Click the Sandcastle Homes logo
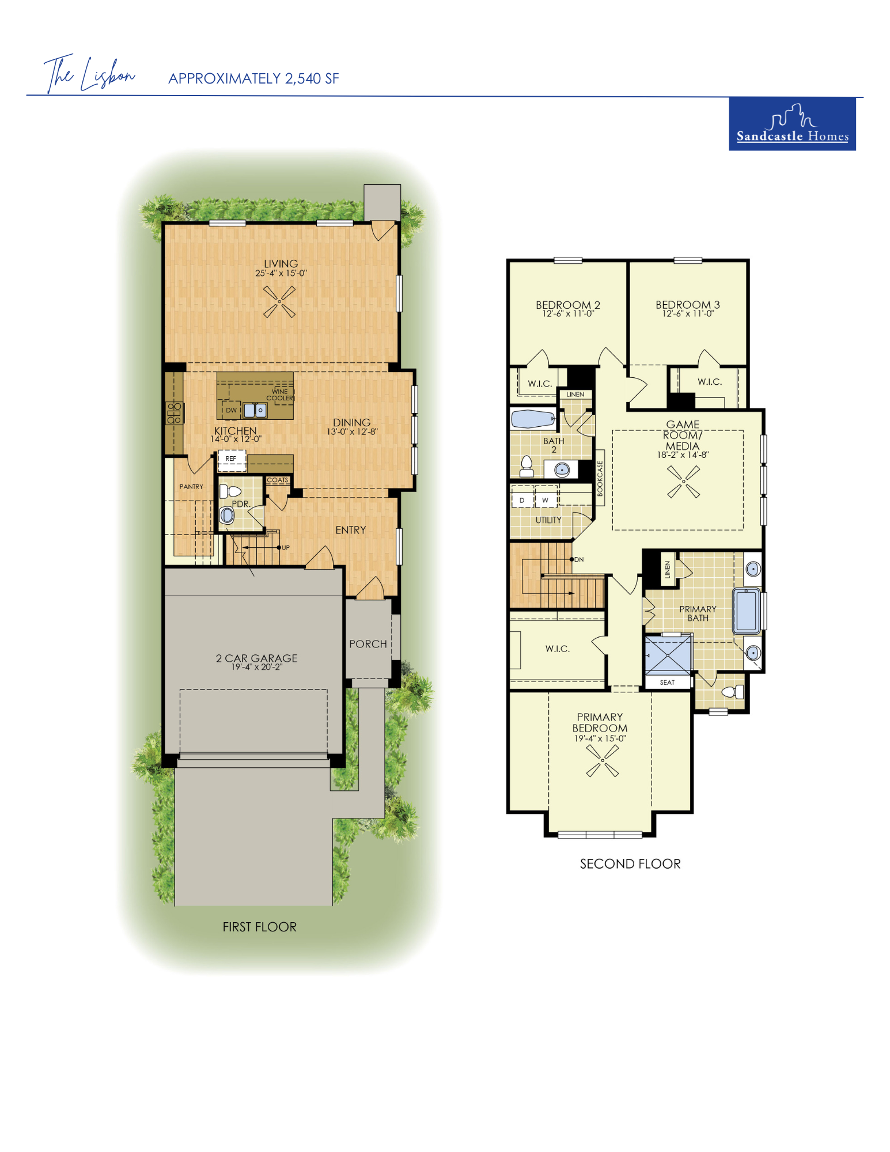click(x=792, y=124)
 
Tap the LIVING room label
click(x=281, y=264)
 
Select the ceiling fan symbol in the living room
click(x=279, y=301)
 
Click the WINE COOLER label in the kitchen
click(x=280, y=395)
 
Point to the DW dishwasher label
click(x=231, y=410)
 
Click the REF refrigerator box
click(x=231, y=459)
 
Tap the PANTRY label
click(x=191, y=487)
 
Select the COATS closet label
click(x=277, y=480)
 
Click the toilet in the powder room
click(x=230, y=491)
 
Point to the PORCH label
click(x=368, y=644)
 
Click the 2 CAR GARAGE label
click(x=257, y=658)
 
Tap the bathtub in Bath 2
click(x=533, y=419)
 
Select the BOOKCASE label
click(x=600, y=478)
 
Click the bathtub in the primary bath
click(x=747, y=610)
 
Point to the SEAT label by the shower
click(x=667, y=683)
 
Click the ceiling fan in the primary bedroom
click(x=603, y=761)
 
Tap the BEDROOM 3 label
click(x=688, y=305)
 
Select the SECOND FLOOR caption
click(x=630, y=863)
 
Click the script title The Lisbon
click(x=89, y=74)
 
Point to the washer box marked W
click(x=546, y=499)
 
